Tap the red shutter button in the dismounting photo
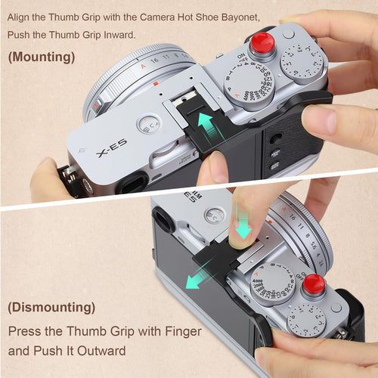click(314, 283)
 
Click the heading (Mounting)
click(42, 57)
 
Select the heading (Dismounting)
click(51, 308)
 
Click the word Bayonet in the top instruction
click(240, 17)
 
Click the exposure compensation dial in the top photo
click(301, 62)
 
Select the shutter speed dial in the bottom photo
click(273, 283)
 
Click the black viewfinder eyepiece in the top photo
click(132, 183)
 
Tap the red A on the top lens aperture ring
click(143, 66)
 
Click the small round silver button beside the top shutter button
click(288, 34)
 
